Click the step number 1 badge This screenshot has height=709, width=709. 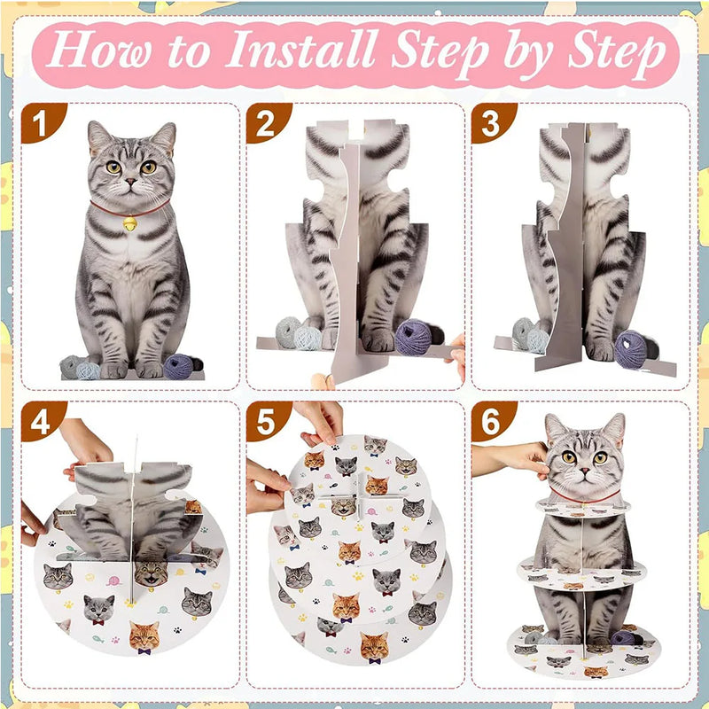pyautogui.click(x=42, y=122)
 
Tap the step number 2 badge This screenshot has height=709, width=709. pyautogui.click(x=267, y=122)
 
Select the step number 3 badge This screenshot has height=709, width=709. pyautogui.click(x=492, y=122)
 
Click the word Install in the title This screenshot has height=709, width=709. pyautogui.click(x=300, y=49)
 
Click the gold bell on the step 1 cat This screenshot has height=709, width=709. pyautogui.click(x=129, y=223)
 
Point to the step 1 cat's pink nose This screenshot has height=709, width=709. pyautogui.click(x=130, y=182)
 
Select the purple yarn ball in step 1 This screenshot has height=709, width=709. pyautogui.click(x=178, y=366)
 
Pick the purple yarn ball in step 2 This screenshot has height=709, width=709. pyautogui.click(x=413, y=338)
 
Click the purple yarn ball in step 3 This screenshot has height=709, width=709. pyautogui.click(x=630, y=349)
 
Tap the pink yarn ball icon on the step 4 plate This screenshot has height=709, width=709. pyautogui.click(x=113, y=580)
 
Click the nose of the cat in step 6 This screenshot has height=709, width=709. pyautogui.click(x=584, y=471)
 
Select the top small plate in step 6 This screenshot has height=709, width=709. pyautogui.click(x=583, y=508)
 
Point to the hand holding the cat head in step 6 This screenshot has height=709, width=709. pyautogui.click(x=511, y=458)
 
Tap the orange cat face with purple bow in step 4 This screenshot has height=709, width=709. pyautogui.click(x=144, y=637)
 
